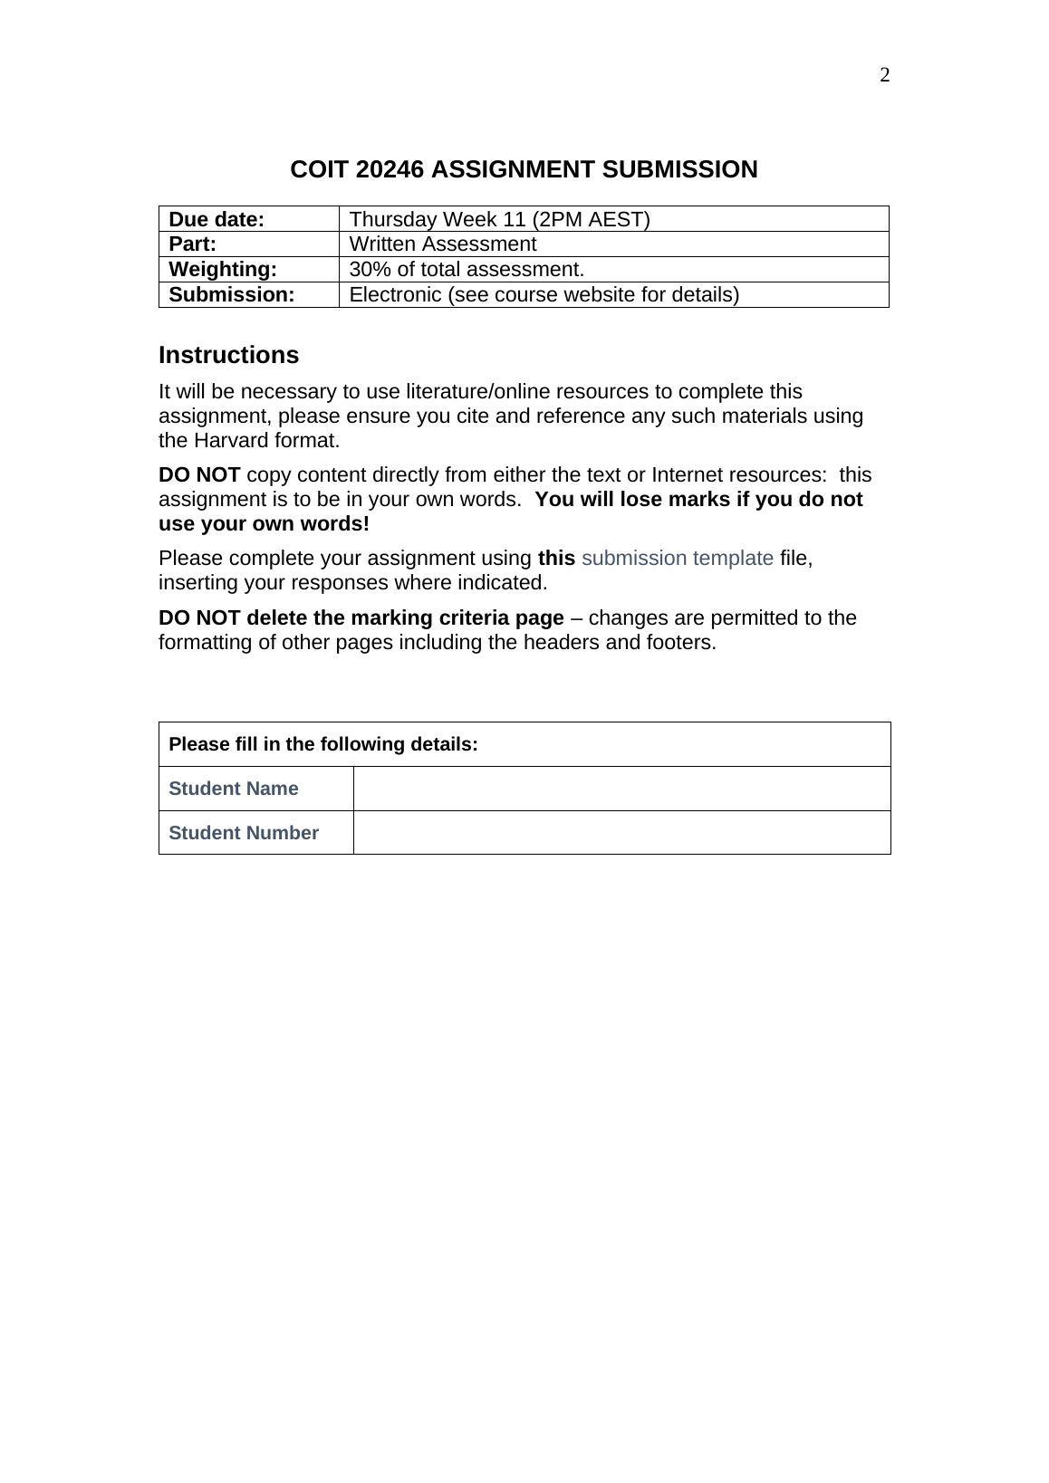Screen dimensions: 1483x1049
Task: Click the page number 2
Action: click(884, 75)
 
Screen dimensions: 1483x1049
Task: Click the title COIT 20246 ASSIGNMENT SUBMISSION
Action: click(524, 169)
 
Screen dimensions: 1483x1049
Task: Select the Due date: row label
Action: click(217, 219)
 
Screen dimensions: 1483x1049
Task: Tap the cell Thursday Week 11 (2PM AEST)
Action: click(499, 219)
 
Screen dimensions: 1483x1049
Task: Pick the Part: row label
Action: click(193, 244)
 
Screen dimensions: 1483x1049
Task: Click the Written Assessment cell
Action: click(442, 244)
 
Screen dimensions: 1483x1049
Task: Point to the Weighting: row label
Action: click(223, 270)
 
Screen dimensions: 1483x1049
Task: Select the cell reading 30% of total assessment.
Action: click(467, 270)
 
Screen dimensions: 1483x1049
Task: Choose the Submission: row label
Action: click(232, 295)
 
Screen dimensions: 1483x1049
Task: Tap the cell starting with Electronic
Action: click(544, 295)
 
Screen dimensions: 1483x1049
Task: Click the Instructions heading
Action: click(228, 355)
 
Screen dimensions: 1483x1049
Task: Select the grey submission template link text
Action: click(677, 559)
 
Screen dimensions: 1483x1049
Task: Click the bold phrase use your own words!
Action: click(264, 524)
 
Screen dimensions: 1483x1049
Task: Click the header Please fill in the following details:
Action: click(323, 744)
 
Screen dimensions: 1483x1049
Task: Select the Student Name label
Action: click(234, 789)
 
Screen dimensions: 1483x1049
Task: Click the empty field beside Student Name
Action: click(621, 789)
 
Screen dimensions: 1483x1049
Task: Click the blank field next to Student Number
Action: click(621, 833)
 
